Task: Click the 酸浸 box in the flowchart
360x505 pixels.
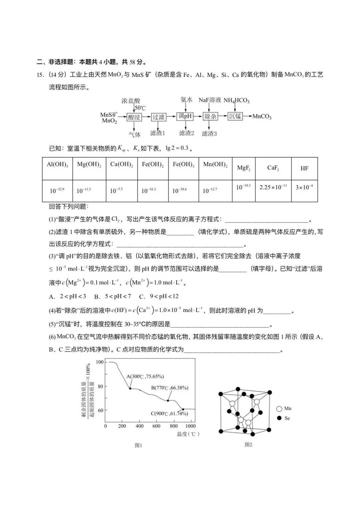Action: pos(134,117)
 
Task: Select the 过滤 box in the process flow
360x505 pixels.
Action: pos(158,117)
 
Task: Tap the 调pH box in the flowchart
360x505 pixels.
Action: pos(185,116)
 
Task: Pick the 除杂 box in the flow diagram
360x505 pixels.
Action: pos(210,116)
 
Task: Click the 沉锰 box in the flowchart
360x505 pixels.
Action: pos(235,116)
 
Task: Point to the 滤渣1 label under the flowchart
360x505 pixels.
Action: pos(157,133)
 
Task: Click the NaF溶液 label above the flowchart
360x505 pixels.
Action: pos(210,100)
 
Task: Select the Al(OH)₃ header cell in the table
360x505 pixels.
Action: pos(57,164)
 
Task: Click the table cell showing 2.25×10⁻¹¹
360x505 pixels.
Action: pos(273,187)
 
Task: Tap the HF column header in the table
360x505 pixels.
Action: pos(304,168)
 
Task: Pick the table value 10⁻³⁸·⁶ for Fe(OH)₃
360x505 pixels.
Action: pos(179,191)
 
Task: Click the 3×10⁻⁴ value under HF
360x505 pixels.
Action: pos(304,187)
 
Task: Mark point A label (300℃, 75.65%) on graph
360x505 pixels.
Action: pos(145,376)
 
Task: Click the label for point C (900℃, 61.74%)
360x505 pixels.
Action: pos(169,413)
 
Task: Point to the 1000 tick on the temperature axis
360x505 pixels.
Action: pos(190,426)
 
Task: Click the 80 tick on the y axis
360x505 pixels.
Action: pos(100,387)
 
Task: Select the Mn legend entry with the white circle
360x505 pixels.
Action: pos(284,408)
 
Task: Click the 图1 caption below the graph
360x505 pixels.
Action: pos(138,445)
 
